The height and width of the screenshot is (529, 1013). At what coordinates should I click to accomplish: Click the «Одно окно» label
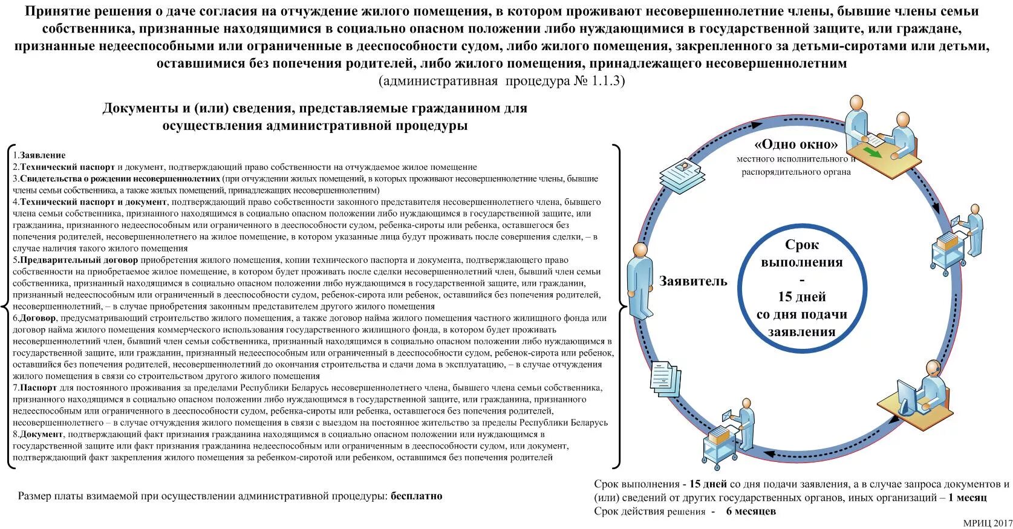795,144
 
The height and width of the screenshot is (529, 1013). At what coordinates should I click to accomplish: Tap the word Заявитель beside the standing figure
693,281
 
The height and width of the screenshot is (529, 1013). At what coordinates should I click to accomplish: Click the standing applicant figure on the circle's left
640,280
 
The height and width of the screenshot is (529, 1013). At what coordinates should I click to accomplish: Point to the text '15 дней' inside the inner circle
801,297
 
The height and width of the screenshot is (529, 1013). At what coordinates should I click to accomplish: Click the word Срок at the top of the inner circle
801,245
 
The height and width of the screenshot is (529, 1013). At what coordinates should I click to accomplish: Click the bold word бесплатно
416,496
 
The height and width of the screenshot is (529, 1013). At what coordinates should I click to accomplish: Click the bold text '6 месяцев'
751,511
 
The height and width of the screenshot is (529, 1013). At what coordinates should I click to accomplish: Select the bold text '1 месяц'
967,498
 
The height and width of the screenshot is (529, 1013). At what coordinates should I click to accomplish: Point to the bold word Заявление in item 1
42,155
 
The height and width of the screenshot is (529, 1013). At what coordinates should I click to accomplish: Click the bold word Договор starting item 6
37,318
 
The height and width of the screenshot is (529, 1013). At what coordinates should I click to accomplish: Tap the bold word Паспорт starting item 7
39,388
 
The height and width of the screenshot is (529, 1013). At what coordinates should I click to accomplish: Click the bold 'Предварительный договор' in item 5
78,260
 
